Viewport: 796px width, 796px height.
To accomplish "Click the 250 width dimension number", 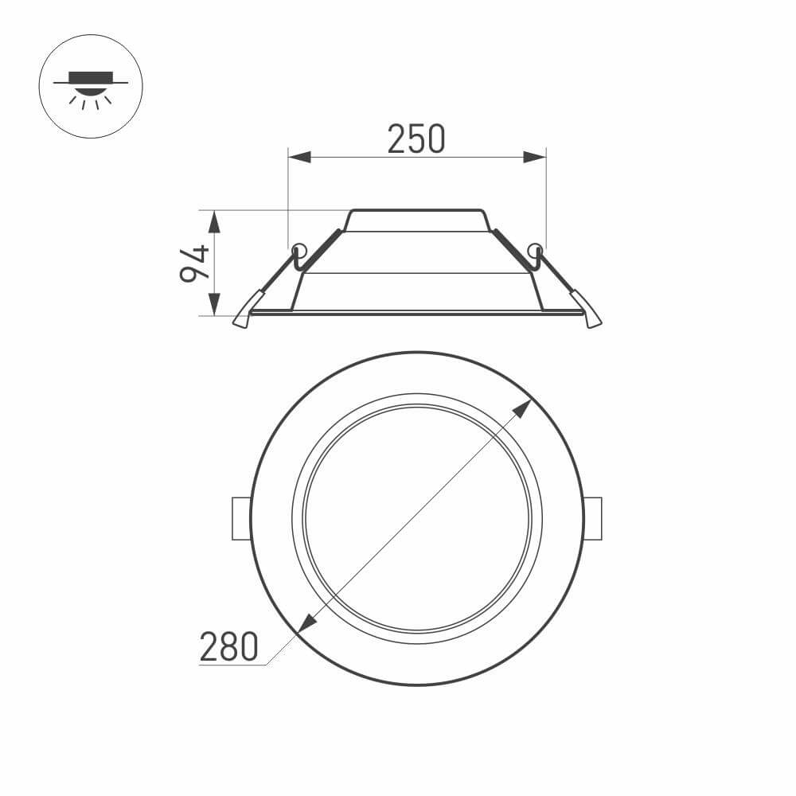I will [x=416, y=139].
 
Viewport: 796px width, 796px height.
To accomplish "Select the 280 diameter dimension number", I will [x=228, y=646].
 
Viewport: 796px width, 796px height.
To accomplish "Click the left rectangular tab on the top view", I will [x=240, y=519].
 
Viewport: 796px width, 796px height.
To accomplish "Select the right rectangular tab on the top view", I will [x=593, y=519].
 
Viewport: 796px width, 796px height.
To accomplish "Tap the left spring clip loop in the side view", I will [x=298, y=251].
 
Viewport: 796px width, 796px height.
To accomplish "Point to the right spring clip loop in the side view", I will [x=535, y=251].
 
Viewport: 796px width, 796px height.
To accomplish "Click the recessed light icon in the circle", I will [x=91, y=87].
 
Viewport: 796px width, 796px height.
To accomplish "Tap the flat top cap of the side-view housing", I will [x=417, y=213].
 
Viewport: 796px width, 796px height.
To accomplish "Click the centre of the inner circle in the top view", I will [x=417, y=518].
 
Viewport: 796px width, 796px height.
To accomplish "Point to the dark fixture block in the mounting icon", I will [x=91, y=77].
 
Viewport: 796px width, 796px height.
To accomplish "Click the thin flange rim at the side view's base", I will [x=417, y=313].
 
